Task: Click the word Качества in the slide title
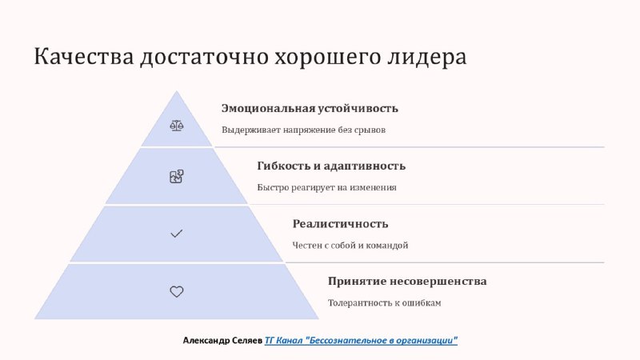click(84, 56)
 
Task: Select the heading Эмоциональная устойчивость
click(310, 109)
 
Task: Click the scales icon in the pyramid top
click(176, 126)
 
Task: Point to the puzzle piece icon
click(176, 176)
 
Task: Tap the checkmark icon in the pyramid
click(176, 234)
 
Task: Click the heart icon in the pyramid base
click(176, 291)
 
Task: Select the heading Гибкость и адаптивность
click(331, 166)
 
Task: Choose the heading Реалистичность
click(341, 224)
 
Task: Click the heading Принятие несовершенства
click(407, 282)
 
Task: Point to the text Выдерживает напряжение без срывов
click(304, 130)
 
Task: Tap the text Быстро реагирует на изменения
click(326, 188)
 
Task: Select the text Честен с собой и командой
click(350, 246)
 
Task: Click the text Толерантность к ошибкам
click(385, 303)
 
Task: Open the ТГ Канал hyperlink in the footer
click(362, 341)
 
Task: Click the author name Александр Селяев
click(222, 341)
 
